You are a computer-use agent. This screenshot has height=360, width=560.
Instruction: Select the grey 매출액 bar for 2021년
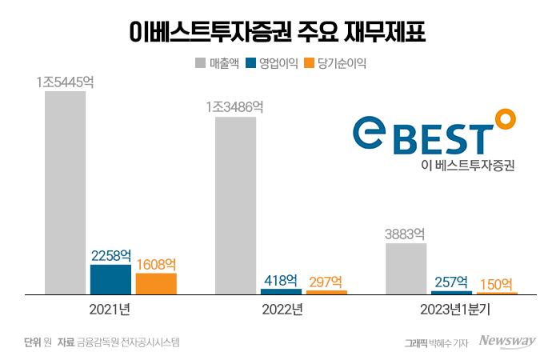point(65,193)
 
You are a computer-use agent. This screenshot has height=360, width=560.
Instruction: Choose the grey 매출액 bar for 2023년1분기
point(406,269)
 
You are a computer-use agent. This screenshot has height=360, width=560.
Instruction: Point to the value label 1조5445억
point(65,82)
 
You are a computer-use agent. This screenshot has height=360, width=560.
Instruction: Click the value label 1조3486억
point(234,107)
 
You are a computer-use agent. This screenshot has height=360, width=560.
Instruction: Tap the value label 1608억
point(157,264)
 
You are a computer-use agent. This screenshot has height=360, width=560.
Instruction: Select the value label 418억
point(281,280)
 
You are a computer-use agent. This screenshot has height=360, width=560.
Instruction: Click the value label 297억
point(326,282)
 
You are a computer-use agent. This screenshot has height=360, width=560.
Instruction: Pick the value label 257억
point(452,282)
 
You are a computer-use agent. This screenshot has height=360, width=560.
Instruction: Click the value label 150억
point(497,284)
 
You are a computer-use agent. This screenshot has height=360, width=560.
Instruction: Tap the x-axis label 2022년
point(281,310)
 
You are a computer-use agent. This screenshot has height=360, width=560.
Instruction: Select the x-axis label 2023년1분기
point(451,310)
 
